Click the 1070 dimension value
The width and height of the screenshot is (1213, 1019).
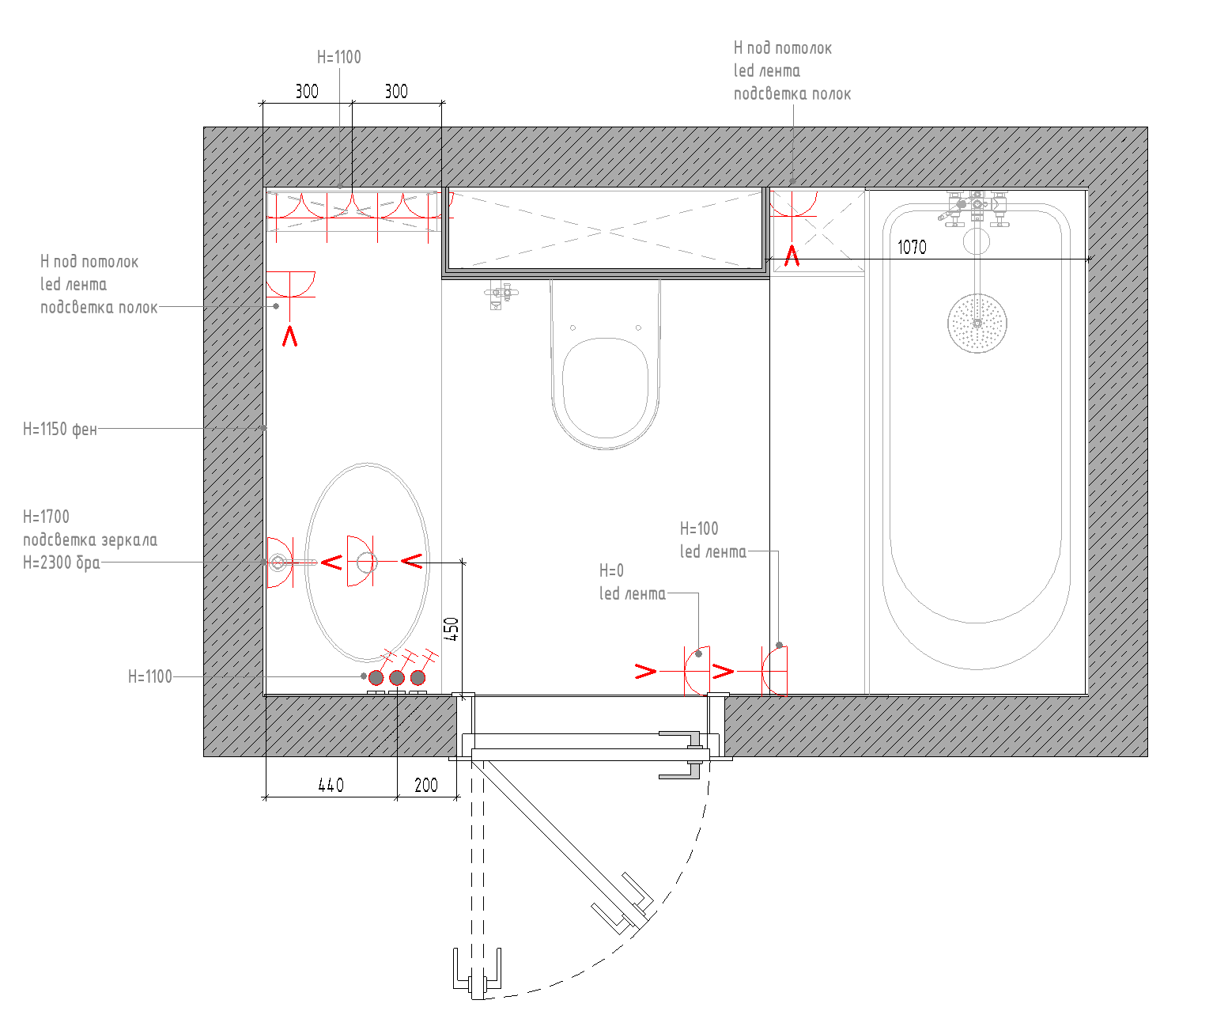click(912, 247)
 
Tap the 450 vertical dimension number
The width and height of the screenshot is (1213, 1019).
click(452, 629)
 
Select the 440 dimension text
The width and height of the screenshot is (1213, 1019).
click(331, 786)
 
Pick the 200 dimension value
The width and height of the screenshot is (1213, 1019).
click(426, 786)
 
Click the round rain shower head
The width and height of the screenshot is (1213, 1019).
click(977, 324)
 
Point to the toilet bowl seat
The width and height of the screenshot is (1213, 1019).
click(605, 388)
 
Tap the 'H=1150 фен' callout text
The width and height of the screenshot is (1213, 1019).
click(60, 429)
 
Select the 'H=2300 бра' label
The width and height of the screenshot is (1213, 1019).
click(61, 563)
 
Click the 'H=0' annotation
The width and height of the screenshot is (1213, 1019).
click(611, 570)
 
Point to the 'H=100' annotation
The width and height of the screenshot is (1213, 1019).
click(699, 528)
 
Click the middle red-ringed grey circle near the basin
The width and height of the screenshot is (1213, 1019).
click(397, 677)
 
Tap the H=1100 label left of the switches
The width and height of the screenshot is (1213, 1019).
click(150, 676)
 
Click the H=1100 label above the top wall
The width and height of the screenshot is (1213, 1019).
click(338, 57)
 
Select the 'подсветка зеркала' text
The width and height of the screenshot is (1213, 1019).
click(90, 540)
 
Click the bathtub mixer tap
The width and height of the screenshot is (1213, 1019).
click(975, 208)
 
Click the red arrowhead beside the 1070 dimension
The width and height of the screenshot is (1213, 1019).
click(792, 256)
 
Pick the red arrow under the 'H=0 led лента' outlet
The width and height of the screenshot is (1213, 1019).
click(645, 672)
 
